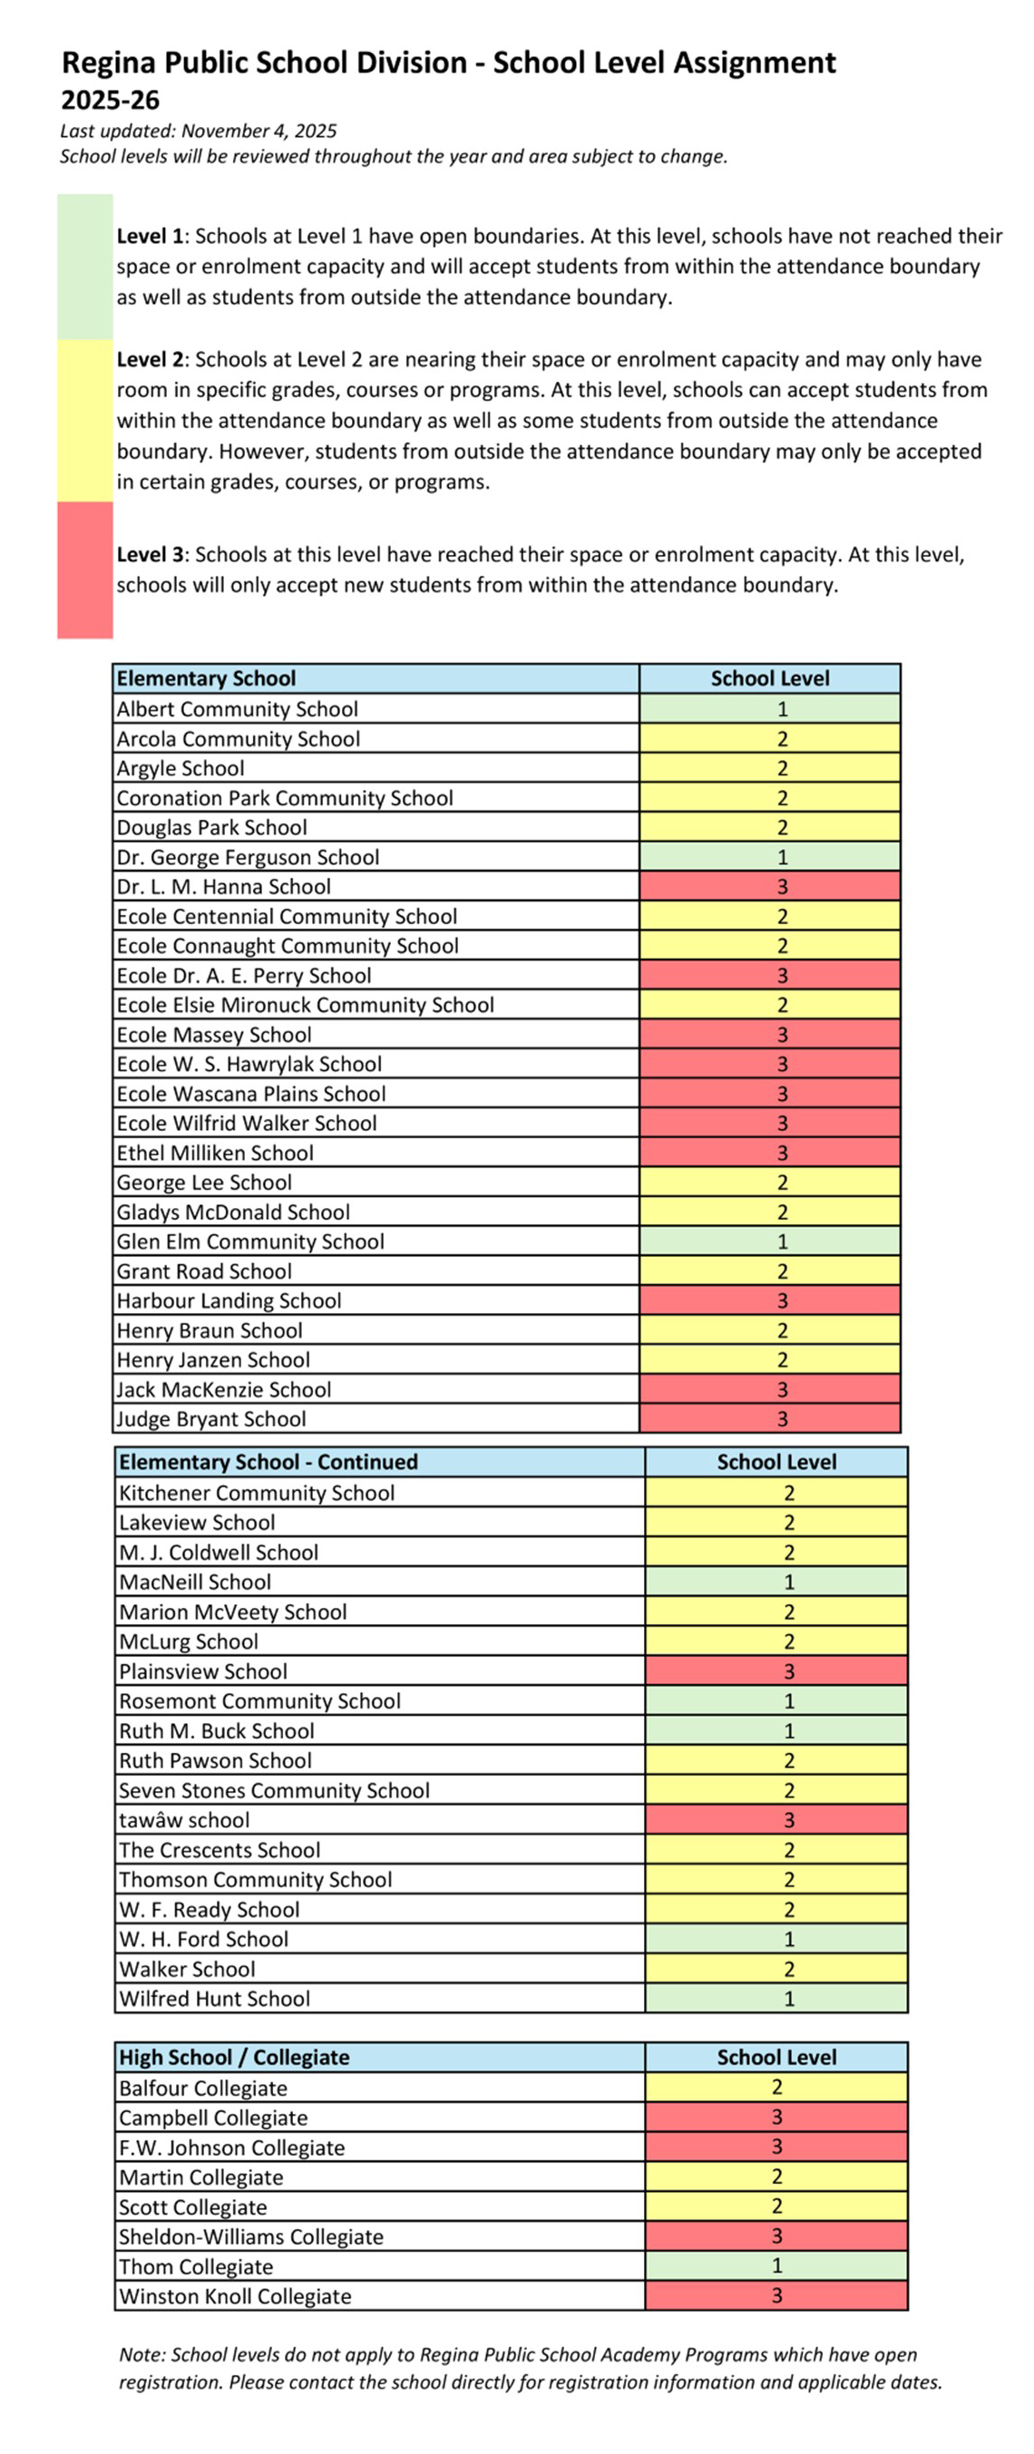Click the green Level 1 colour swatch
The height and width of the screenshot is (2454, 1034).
85,267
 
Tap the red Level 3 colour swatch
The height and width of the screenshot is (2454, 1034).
85,570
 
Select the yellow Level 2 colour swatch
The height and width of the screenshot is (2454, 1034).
85,420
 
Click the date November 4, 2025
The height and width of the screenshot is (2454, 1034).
258,131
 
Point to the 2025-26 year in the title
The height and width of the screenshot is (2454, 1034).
111,100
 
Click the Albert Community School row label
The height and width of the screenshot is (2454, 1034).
238,709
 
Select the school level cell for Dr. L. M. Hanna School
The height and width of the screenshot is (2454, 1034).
769,886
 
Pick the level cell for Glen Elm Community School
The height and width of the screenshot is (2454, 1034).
769,1242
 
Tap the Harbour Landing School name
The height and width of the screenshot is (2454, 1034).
229,1300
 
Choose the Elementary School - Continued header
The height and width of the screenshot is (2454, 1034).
268,1461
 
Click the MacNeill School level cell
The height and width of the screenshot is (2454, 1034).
775,1582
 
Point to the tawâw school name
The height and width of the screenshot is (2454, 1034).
184,1819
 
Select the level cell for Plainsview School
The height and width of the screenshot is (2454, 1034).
775,1671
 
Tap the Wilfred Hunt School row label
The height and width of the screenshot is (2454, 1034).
214,1998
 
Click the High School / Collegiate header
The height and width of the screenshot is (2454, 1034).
233,2057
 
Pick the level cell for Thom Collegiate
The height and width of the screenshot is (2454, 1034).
775,2265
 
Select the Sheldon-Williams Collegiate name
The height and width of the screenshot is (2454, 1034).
250,2235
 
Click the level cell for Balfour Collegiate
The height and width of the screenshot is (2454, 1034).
775,2087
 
